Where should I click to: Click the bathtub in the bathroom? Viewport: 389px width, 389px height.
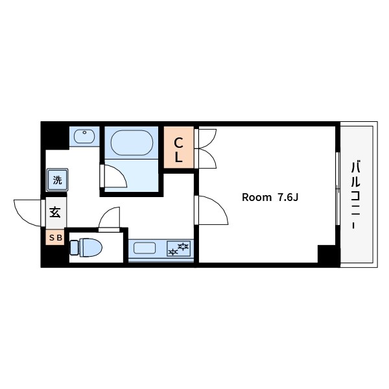point(132,143)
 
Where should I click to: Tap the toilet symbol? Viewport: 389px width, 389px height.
point(86,248)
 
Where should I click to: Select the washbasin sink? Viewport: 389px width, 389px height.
point(84,136)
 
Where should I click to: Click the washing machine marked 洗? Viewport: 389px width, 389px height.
point(57,180)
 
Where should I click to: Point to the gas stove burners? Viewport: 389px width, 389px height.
point(179,248)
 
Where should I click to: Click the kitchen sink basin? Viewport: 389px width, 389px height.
point(145,248)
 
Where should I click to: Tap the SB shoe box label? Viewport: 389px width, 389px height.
point(56,238)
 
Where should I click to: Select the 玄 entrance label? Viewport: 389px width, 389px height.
point(55,213)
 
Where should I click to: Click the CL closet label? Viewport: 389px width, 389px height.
point(179,150)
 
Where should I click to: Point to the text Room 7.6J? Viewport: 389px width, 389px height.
point(270,198)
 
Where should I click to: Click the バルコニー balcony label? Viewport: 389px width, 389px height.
point(356,194)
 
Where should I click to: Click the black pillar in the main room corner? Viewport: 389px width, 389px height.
point(327,253)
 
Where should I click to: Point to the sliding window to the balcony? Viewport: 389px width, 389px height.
point(337,189)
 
